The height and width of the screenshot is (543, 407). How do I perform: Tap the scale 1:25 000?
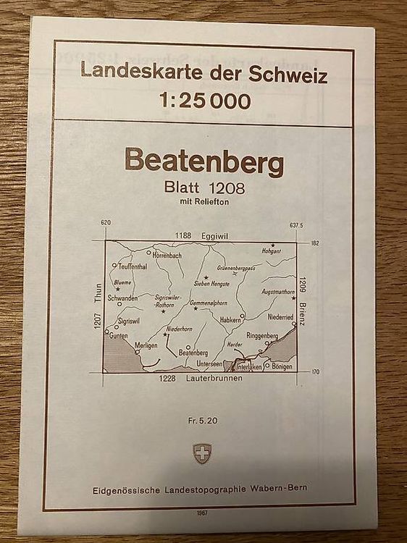click(204, 101)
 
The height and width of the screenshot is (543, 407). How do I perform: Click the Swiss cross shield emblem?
click(202, 454)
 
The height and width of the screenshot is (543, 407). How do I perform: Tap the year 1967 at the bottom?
click(202, 513)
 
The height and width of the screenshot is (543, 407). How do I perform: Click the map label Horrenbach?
click(167, 255)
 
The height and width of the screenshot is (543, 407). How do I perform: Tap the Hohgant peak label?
click(272, 251)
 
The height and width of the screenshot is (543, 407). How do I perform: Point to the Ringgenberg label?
click(261, 336)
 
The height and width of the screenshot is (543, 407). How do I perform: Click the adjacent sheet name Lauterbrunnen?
click(214, 379)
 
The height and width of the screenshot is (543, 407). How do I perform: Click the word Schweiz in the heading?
click(292, 74)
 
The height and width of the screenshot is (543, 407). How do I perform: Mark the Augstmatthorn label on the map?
click(278, 292)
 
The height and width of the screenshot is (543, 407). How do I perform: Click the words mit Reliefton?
click(204, 202)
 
